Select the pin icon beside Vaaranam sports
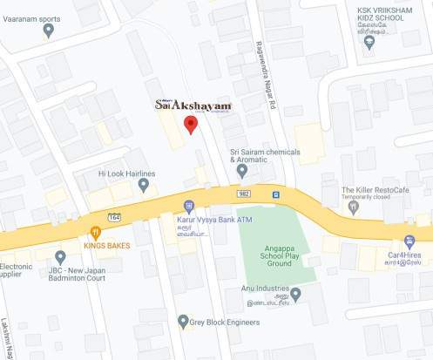pos(48,30)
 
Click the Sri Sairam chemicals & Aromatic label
pos(265,154)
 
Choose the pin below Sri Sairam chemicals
pos(242,170)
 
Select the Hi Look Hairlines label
pos(126,174)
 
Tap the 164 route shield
pos(115,214)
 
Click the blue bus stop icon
pos(275,194)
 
